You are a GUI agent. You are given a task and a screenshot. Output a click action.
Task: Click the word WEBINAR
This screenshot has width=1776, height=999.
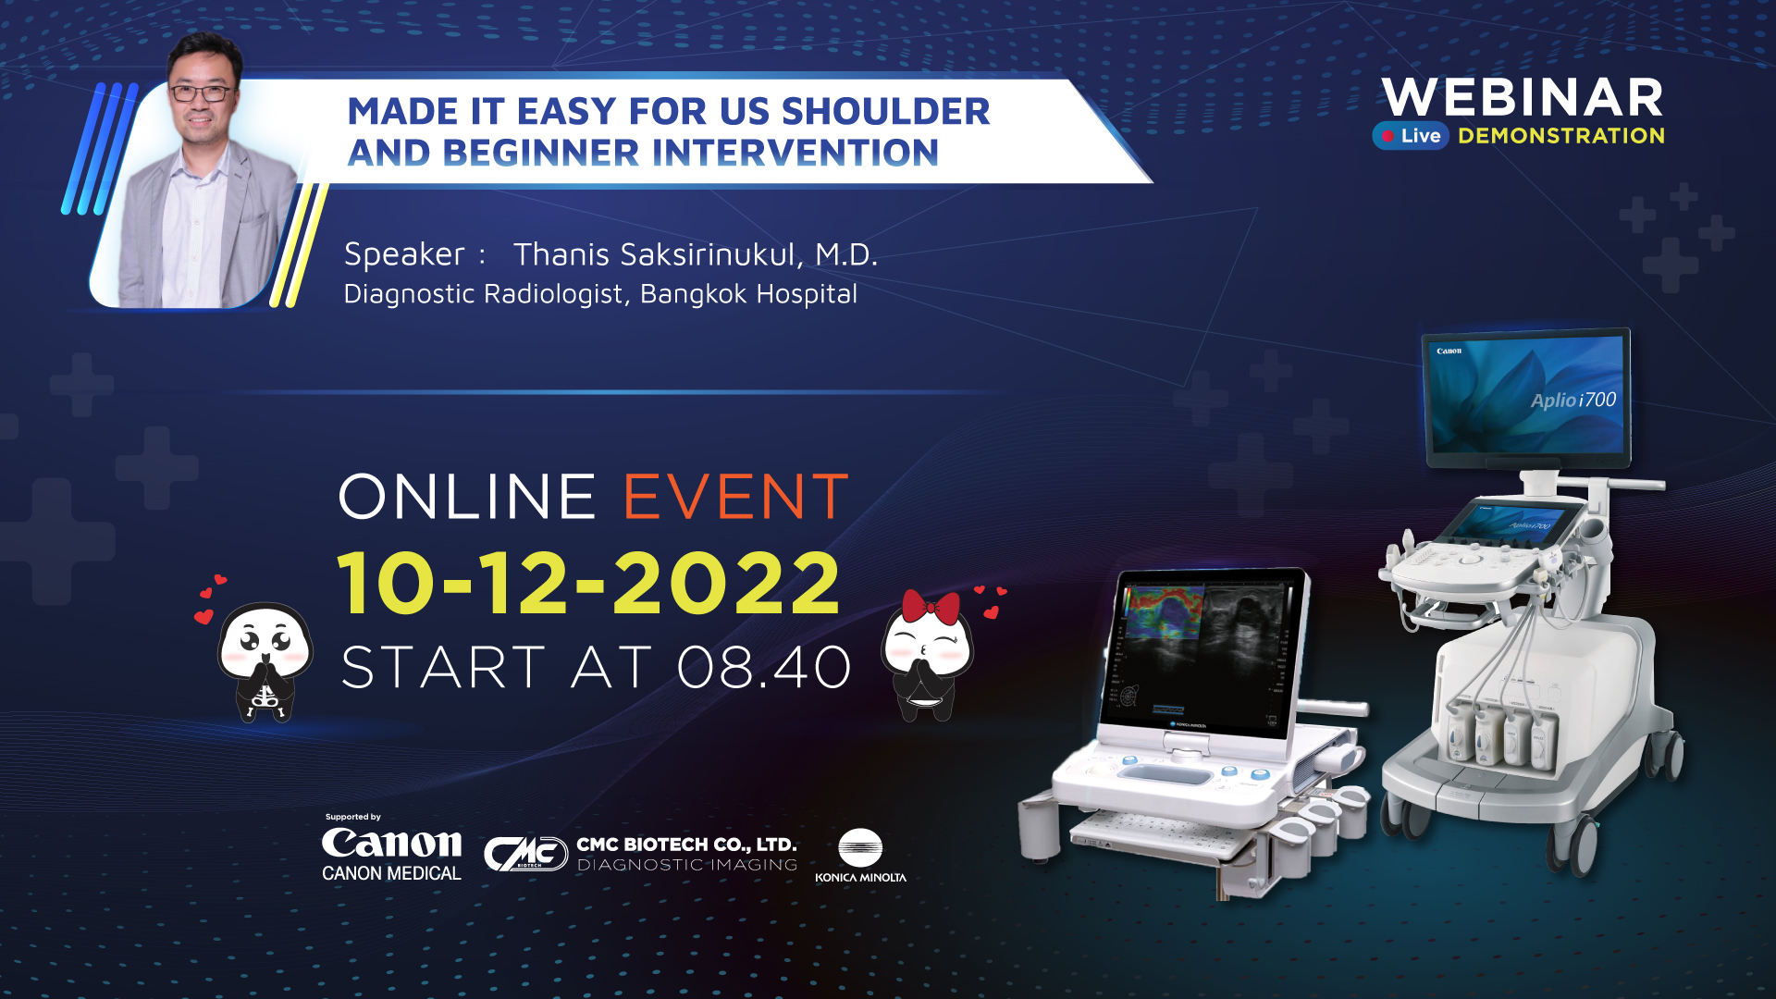pyautogui.click(x=1523, y=97)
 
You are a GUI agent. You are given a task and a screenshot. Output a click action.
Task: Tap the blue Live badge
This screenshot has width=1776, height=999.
pyautogui.click(x=1411, y=136)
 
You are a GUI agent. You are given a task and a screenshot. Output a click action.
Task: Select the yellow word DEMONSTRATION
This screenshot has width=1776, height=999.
pyautogui.click(x=1561, y=136)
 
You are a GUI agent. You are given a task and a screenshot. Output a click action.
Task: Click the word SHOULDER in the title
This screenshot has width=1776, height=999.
pyautogui.click(x=885, y=111)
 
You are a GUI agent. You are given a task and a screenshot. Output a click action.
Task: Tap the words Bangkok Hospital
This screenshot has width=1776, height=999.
pyautogui.click(x=748, y=294)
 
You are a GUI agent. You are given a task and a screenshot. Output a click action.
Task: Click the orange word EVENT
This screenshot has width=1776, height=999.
pyautogui.click(x=735, y=497)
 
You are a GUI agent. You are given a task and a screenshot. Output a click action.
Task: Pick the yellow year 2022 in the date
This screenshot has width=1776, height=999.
pyautogui.click(x=727, y=583)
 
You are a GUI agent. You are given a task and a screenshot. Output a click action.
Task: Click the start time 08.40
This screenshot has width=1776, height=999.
pyautogui.click(x=764, y=667)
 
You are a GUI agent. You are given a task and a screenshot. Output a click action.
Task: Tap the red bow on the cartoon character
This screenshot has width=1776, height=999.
pyautogui.click(x=931, y=608)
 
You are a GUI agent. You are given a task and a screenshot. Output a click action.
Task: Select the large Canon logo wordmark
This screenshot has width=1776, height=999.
pyautogui.click(x=391, y=843)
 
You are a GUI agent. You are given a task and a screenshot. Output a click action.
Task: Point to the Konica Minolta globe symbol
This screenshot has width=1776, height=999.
pyautogui.click(x=860, y=847)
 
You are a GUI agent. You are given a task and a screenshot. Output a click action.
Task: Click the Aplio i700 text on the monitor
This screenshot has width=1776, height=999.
pyautogui.click(x=1572, y=400)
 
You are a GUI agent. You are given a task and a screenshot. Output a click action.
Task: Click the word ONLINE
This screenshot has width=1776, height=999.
pyautogui.click(x=467, y=497)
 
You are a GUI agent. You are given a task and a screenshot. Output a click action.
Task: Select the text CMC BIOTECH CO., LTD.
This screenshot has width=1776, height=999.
pyautogui.click(x=686, y=845)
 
